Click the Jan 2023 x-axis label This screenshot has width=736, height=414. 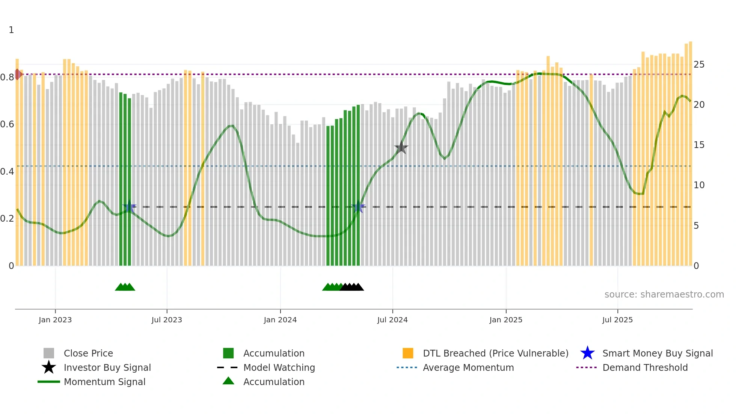pos(55,320)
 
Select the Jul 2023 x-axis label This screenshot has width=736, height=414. pos(167,320)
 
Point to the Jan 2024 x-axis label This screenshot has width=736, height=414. pos(280,320)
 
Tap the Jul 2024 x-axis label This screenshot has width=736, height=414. pos(392,320)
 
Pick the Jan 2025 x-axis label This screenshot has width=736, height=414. pos(506,320)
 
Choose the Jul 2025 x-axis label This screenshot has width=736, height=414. pos(617,320)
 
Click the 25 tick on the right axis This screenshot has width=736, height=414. pos(699,65)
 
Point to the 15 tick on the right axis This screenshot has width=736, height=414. pos(699,145)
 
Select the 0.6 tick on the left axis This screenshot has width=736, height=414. pos(7,124)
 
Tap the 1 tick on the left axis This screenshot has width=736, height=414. pos(11,30)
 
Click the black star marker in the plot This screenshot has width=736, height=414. pos(401,148)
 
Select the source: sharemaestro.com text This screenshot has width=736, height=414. pos(664,295)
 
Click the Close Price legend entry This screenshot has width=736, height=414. pos(88,353)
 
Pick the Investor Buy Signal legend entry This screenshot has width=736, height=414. pos(107,367)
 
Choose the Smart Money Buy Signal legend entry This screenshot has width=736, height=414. pos(657,353)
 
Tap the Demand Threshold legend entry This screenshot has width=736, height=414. pos(645,367)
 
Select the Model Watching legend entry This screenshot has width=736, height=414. pos(279,367)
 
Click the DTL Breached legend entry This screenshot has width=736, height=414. pos(495,353)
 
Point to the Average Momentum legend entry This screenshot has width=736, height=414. pos(468,367)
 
